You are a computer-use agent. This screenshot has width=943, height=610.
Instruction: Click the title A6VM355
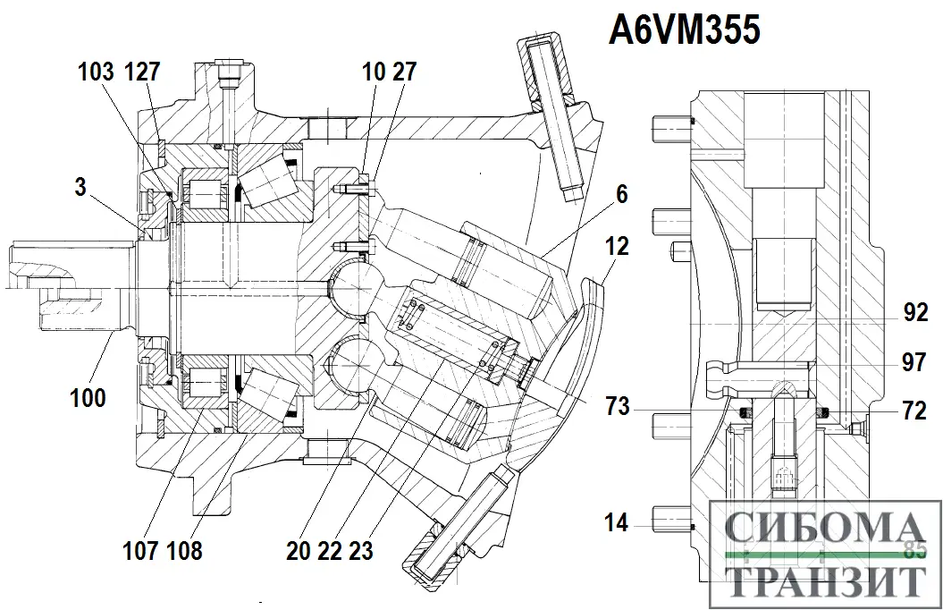tap(685, 31)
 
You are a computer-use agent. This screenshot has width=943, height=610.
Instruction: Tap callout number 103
tap(96, 72)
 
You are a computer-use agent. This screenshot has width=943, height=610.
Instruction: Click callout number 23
tap(360, 550)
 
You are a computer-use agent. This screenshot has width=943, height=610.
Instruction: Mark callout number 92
tap(915, 312)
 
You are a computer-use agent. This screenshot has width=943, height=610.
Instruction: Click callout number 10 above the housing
tap(374, 72)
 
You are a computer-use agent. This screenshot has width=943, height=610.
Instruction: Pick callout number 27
tap(404, 72)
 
